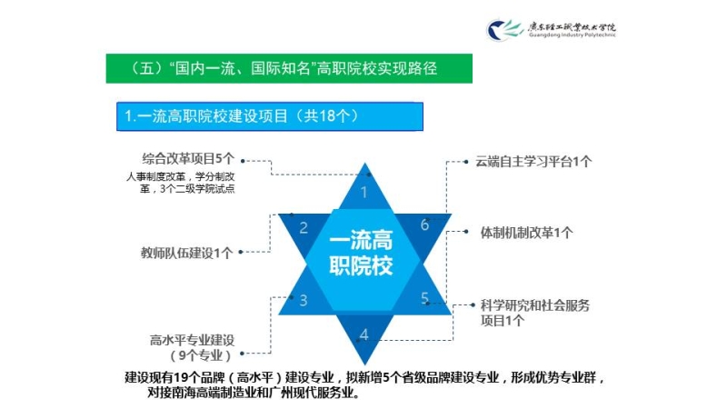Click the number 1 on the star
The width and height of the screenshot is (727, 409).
[364, 192]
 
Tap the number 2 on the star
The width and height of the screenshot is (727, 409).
[304, 228]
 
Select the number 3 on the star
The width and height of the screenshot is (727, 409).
[304, 301]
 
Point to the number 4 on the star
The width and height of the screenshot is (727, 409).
[364, 334]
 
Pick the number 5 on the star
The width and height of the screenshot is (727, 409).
[424, 298]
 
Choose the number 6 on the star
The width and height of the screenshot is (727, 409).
[424, 224]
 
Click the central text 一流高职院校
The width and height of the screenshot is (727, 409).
[361, 253]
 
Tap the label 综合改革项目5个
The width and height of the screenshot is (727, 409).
[188, 159]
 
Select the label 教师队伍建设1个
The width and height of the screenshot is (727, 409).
[187, 253]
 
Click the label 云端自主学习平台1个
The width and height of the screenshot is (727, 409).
[533, 162]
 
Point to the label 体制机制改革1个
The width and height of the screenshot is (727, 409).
[526, 233]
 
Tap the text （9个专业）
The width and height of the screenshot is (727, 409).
[201, 355]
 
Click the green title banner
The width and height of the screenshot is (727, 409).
[289, 69]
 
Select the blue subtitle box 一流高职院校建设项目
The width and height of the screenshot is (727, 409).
[270, 116]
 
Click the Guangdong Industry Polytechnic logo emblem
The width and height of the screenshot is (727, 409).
[503, 30]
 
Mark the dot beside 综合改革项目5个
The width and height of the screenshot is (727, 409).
[243, 161]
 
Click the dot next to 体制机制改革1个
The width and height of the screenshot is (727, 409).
[466, 232]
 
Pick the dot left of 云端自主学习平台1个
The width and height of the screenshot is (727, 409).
[466, 162]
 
